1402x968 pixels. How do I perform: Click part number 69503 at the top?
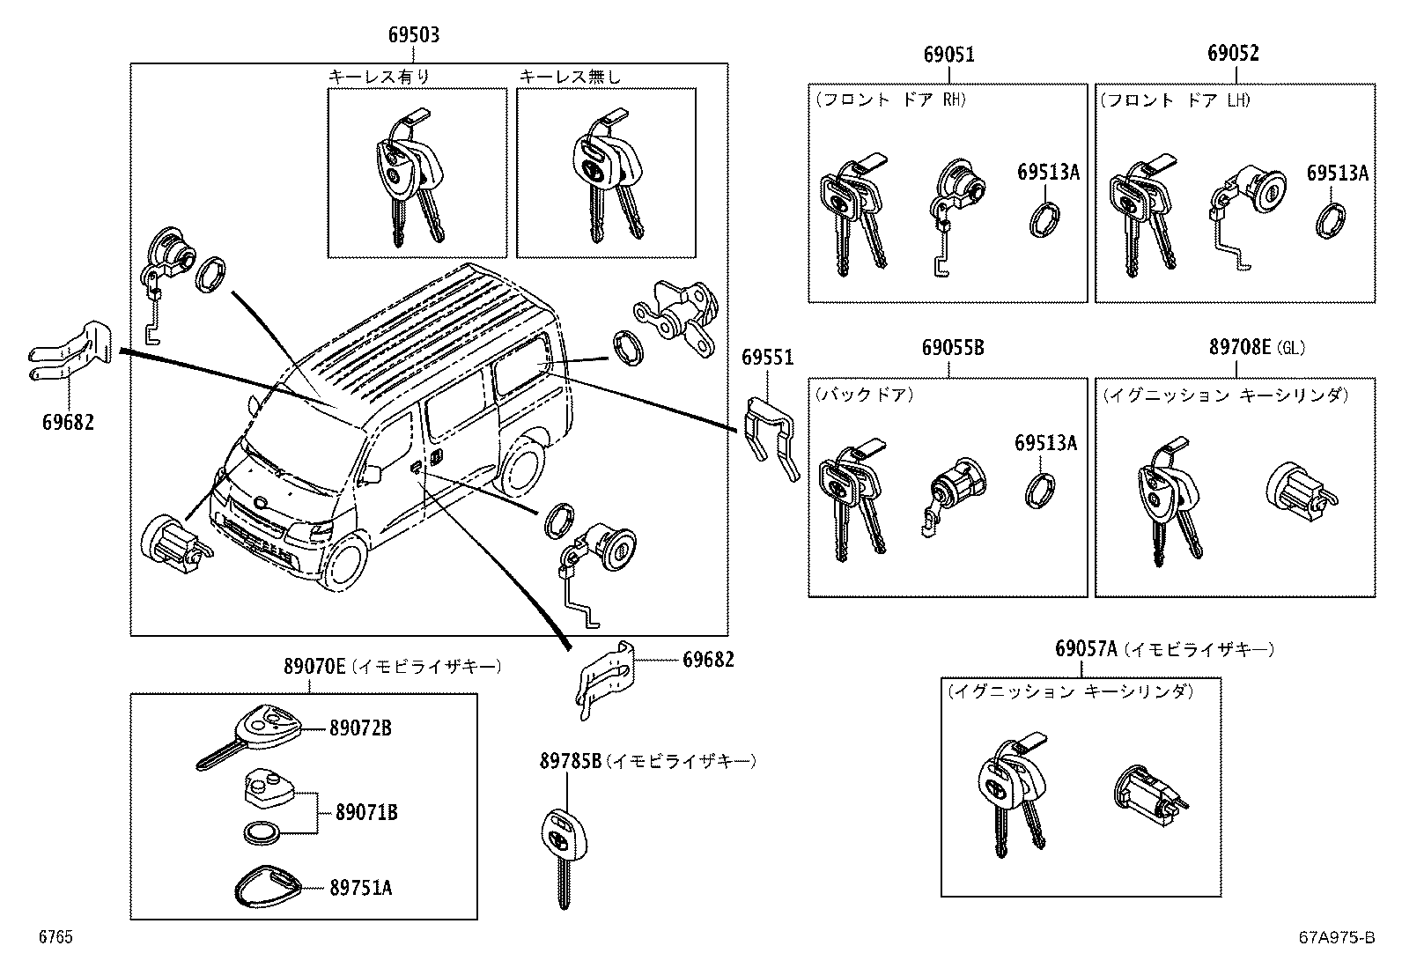coord(414,36)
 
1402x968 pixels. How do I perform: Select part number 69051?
coord(948,55)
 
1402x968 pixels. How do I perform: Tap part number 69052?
coord(1233,54)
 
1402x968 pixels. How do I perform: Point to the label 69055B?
coord(952,348)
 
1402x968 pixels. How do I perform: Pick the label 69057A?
coord(1085,649)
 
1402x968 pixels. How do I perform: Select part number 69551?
coord(767,358)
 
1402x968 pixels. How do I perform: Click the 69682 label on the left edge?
coord(68,422)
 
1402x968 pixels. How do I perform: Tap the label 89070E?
coord(314,667)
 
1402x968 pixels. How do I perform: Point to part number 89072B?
coord(360,728)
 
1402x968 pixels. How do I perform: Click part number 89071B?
coord(365,812)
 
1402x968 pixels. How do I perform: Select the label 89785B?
coord(570,761)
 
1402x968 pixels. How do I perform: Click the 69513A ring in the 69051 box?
coord(1044,218)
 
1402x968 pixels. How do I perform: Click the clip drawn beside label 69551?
coord(772,436)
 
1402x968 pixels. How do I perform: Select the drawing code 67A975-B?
coord(1336,938)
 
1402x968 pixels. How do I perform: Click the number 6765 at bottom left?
coord(55,937)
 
